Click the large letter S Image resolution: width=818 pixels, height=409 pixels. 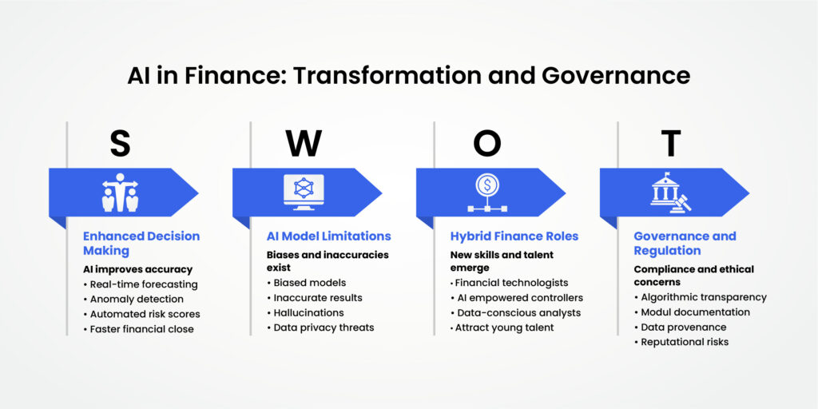coord(120,144)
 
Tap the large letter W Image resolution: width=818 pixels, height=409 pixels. coord(304,144)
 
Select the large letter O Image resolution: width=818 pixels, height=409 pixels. coord(487,144)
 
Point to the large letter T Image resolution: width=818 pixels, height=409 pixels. coord(671,144)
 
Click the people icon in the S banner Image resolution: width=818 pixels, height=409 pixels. coord(120,193)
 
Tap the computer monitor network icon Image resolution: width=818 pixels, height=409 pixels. coord(304,193)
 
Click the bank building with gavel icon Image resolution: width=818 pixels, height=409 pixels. coord(671,193)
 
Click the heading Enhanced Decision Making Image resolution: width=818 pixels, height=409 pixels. coord(141,244)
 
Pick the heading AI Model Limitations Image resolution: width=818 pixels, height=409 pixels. coord(328,236)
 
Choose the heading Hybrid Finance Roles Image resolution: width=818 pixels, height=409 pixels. coord(514,236)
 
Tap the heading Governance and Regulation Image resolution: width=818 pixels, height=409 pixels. coord(685,244)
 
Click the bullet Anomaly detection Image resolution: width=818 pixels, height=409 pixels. coord(137,299)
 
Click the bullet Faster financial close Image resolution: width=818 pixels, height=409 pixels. coord(145,328)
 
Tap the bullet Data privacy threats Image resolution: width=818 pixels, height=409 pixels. coord(324,328)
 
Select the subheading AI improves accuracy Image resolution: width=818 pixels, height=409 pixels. coord(138,269)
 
